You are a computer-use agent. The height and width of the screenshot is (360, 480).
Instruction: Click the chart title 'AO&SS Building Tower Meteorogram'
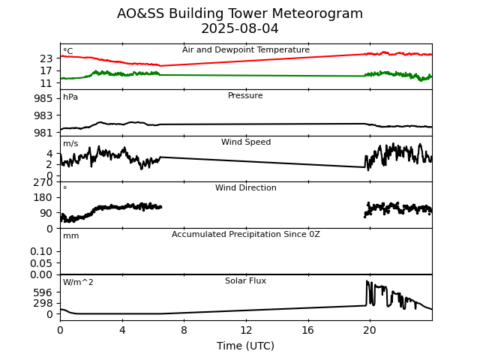click(240, 13)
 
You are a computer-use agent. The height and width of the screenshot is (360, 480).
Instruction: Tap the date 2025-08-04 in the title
click(240, 28)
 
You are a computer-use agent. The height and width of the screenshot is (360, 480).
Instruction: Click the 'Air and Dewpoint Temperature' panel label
click(246, 50)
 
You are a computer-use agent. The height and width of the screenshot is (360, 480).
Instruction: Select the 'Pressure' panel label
click(245, 96)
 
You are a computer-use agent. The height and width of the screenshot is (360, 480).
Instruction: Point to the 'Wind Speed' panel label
click(245, 142)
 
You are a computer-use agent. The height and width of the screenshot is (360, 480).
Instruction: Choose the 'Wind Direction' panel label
click(245, 188)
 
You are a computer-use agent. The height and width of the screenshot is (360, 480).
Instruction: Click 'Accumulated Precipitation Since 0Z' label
click(245, 235)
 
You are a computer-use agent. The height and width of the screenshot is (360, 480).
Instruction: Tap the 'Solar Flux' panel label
click(245, 281)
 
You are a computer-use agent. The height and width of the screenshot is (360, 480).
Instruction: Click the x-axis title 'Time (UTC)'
click(245, 346)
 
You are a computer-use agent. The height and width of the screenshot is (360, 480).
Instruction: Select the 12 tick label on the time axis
click(246, 330)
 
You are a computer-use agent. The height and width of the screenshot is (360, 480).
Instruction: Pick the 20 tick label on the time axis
click(370, 330)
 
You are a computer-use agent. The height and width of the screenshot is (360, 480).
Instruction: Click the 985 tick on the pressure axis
click(43, 99)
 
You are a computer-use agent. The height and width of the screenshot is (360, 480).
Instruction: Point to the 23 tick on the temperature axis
click(46, 58)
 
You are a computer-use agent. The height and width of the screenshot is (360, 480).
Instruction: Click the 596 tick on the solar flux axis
click(44, 292)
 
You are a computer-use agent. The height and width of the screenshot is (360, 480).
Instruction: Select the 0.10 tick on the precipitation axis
click(41, 251)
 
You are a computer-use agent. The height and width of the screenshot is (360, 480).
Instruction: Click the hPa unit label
click(70, 97)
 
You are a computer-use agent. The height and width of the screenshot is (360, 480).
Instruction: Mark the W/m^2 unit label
click(78, 283)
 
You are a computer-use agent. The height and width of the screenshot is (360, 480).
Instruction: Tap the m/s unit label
click(70, 144)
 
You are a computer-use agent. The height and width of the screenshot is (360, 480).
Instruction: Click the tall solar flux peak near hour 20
click(367, 282)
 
